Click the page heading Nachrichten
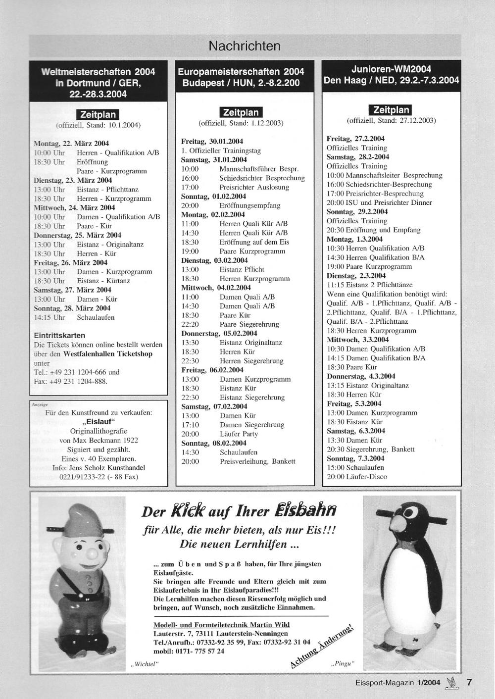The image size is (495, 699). [245, 46]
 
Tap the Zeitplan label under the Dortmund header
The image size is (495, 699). [98, 115]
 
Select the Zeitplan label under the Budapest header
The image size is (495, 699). [241, 112]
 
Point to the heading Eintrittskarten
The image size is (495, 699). [59, 335]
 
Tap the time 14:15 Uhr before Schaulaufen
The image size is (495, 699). [49, 317]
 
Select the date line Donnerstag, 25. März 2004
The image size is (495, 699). [77, 235]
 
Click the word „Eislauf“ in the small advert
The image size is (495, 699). [99, 422]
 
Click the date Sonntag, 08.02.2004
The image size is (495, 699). [214, 443]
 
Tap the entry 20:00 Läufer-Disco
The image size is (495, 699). [357, 477]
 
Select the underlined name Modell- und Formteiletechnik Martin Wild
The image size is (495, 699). [221, 625]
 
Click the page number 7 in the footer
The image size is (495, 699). [469, 682]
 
